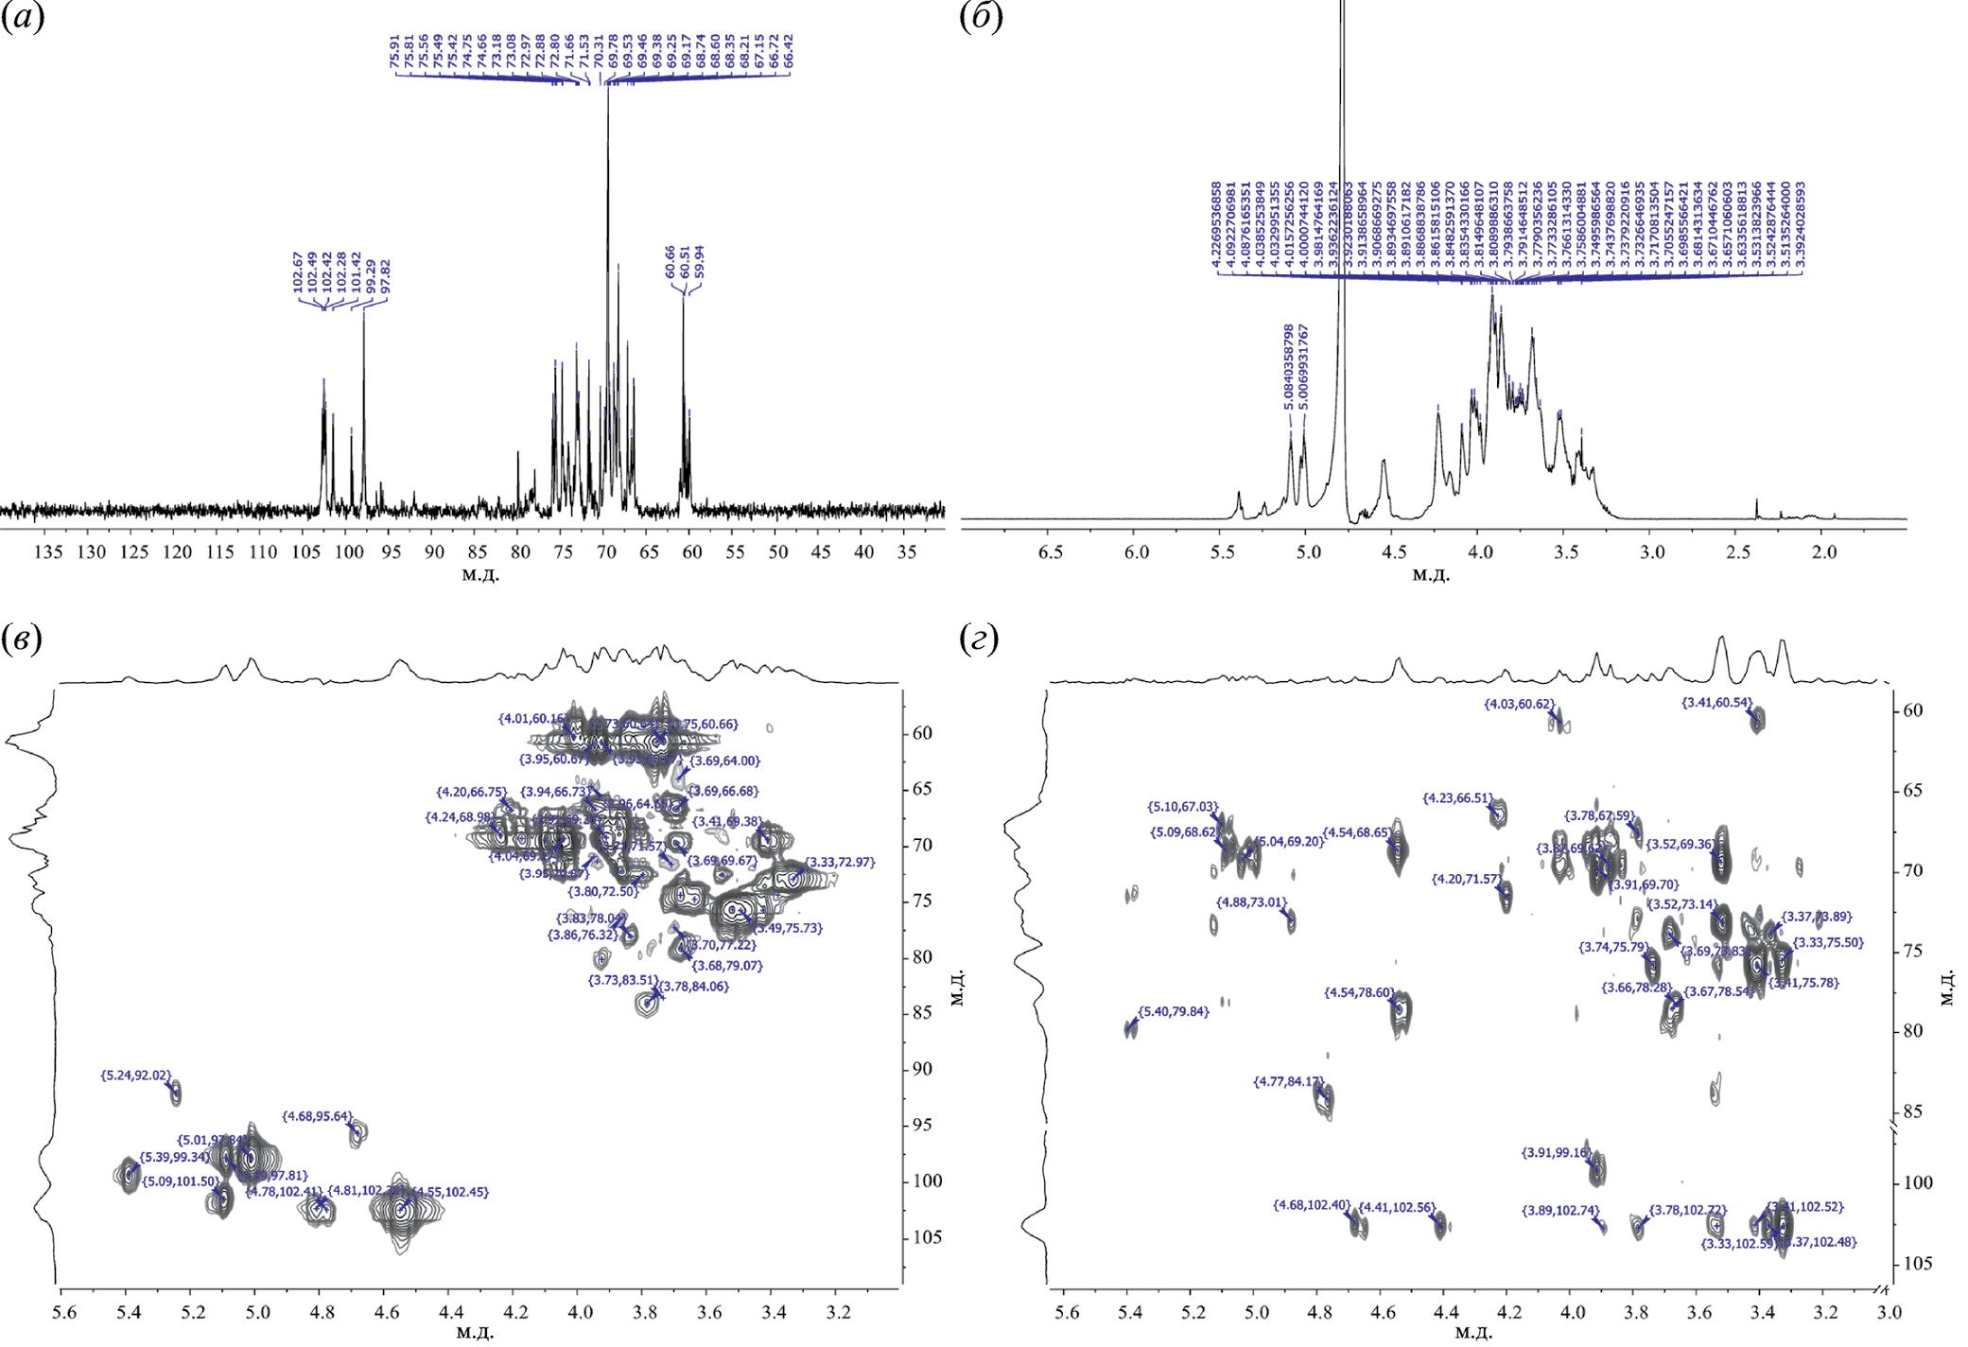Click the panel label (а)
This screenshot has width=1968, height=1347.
(x=23, y=19)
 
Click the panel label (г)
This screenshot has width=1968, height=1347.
(x=981, y=640)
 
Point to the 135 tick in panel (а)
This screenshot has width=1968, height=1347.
(x=48, y=551)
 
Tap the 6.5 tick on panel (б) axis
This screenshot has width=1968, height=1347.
(x=1050, y=551)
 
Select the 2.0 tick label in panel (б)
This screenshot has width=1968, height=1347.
(x=1824, y=551)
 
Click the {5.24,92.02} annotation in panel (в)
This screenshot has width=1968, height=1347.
(x=136, y=1076)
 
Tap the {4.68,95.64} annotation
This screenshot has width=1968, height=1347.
(x=317, y=1117)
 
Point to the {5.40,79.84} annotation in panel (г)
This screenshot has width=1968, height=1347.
(x=1173, y=1012)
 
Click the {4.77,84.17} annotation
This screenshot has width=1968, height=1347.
(x=1288, y=1082)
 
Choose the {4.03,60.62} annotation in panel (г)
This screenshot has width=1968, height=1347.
(x=1519, y=705)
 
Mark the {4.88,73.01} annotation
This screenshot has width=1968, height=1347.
(x=1251, y=902)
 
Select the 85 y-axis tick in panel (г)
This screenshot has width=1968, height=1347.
(x=1912, y=1111)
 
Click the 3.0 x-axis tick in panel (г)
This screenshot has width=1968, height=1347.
(x=1889, y=1313)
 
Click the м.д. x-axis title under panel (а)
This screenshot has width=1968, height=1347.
(x=480, y=575)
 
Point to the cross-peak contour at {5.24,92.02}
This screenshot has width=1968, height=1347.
(x=175, y=1093)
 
